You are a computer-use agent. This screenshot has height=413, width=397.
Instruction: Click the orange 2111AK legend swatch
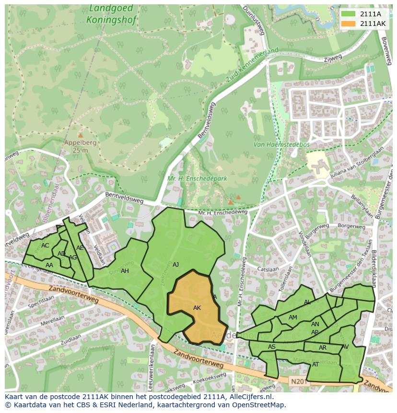[x=349, y=24]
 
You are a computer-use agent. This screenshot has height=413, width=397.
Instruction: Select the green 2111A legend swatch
[x=349, y=13]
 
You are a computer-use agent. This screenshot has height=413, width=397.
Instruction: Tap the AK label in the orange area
[x=197, y=308]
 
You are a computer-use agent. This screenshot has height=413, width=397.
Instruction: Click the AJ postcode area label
[x=175, y=265]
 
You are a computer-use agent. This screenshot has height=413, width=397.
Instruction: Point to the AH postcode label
[x=125, y=271]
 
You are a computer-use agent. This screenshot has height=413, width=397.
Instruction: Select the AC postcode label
[x=45, y=246]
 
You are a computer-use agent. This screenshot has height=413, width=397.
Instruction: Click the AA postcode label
[x=49, y=265]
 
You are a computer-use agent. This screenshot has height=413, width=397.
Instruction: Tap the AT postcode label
[x=315, y=365]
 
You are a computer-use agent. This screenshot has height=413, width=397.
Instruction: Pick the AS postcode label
[x=272, y=347]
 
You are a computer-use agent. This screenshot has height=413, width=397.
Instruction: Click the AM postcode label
[x=293, y=318]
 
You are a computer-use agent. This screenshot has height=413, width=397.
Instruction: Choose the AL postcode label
[x=307, y=302]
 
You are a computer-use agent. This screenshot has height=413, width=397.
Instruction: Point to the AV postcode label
[x=345, y=347]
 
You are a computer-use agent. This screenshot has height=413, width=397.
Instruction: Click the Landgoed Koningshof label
[x=112, y=14]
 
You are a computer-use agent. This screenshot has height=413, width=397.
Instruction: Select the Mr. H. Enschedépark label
[x=197, y=178]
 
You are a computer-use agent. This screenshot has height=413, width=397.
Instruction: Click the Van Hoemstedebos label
[x=281, y=144]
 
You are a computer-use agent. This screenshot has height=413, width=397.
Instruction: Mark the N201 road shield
[x=297, y=382]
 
